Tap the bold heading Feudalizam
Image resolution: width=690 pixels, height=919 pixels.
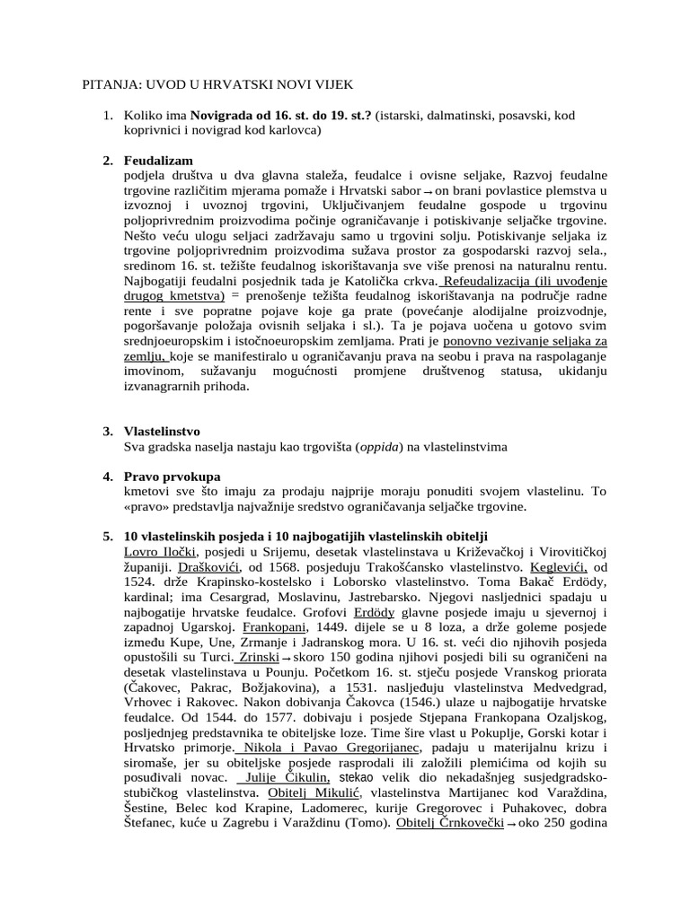pos(158,161)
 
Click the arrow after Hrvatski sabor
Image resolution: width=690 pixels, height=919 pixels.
pos(429,194)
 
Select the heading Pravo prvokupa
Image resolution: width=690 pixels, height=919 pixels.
pos(172,477)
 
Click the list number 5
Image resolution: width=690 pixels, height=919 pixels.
pos(107,537)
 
